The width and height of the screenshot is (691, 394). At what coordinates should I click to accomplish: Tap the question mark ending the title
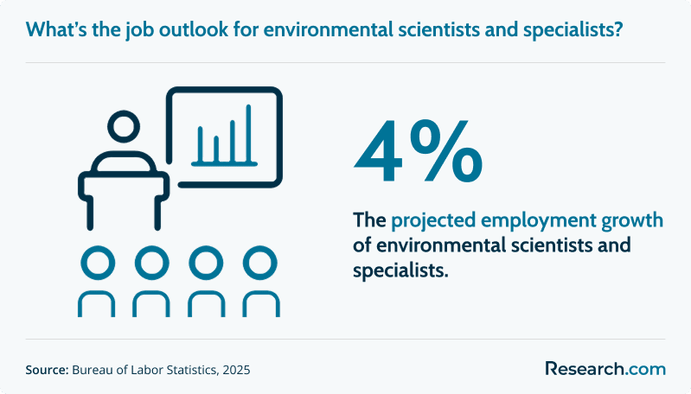coord(617,29)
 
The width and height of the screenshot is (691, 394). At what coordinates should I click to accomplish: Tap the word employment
coord(539,221)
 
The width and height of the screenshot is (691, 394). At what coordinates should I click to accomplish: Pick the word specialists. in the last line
coord(400,270)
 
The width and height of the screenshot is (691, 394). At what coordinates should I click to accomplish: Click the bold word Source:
coord(48,370)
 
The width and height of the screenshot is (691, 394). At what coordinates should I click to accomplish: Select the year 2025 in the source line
coord(236,370)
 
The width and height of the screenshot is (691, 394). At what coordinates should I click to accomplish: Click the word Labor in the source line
coord(147,370)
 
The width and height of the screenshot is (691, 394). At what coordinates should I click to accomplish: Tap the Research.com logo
coord(605,368)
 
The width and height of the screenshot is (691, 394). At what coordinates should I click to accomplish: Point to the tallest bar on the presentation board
coord(248,134)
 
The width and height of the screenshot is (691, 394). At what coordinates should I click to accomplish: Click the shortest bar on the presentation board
coord(216,149)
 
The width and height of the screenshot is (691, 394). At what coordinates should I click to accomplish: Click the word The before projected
coord(369,220)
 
